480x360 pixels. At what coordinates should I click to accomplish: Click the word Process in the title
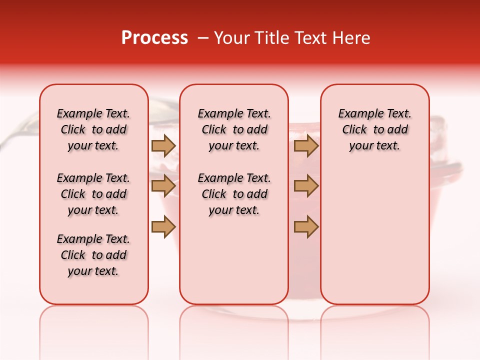point(154,37)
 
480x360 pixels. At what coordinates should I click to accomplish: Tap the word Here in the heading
point(351,38)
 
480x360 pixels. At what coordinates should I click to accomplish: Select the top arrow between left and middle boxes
point(163,145)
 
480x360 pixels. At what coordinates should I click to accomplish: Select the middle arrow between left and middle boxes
point(163,186)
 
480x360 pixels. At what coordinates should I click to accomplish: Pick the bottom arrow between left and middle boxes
point(163,226)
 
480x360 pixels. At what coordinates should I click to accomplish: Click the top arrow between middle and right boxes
point(306,145)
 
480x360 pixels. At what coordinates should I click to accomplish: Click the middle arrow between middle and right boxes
point(306,186)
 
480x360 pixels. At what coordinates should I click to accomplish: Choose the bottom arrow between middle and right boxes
point(306,226)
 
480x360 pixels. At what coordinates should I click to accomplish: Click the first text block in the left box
point(93,129)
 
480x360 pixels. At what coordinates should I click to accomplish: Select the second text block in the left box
point(93,194)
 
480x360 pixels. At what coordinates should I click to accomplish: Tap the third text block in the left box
point(93,255)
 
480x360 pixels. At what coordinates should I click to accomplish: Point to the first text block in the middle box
point(234,129)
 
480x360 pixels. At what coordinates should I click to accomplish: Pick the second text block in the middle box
point(234,194)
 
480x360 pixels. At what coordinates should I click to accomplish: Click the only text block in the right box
point(374,129)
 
